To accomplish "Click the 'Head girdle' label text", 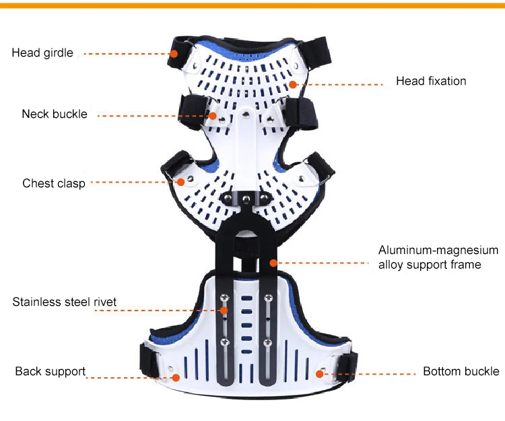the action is (42, 53).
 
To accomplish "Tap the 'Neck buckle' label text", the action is (55, 114).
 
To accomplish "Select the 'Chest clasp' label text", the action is (54, 183).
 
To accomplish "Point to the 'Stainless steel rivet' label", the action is (65, 302).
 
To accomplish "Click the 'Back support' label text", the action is (50, 371).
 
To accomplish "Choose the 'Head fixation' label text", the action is (431, 81).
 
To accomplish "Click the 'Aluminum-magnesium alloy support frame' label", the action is (438, 257).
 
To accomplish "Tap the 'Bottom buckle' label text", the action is (461, 371).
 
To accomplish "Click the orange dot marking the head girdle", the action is (174, 53).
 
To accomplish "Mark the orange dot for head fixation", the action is (294, 84).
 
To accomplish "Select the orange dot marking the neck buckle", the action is (213, 115).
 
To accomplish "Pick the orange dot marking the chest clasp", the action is (181, 181).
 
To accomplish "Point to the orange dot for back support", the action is (176, 377).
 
